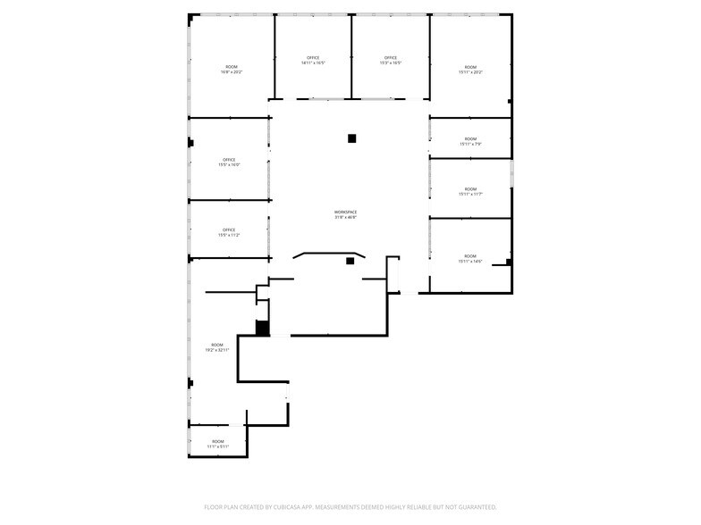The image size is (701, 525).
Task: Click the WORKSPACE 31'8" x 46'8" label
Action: click(x=345, y=214)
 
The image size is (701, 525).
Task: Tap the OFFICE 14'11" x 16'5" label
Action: click(x=313, y=61)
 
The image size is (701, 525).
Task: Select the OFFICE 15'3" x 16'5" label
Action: click(x=391, y=61)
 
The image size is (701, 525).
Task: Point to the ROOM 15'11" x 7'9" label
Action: click(x=470, y=141)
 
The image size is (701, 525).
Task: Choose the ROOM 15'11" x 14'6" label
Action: click(x=470, y=259)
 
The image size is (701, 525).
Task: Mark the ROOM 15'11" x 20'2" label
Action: click(x=470, y=70)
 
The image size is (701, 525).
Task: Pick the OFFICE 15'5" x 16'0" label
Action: click(x=229, y=162)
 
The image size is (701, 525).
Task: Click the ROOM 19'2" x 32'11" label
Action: click(x=217, y=347)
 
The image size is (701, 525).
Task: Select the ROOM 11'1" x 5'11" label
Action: click(x=217, y=444)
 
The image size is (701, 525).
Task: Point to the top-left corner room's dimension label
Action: click(x=232, y=72)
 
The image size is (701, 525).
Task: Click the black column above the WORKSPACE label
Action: click(x=352, y=138)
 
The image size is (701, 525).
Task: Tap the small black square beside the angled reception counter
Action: click(x=350, y=262)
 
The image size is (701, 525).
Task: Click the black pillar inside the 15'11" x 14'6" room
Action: click(x=509, y=262)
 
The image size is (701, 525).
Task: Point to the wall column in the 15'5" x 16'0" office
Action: click(x=190, y=143)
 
